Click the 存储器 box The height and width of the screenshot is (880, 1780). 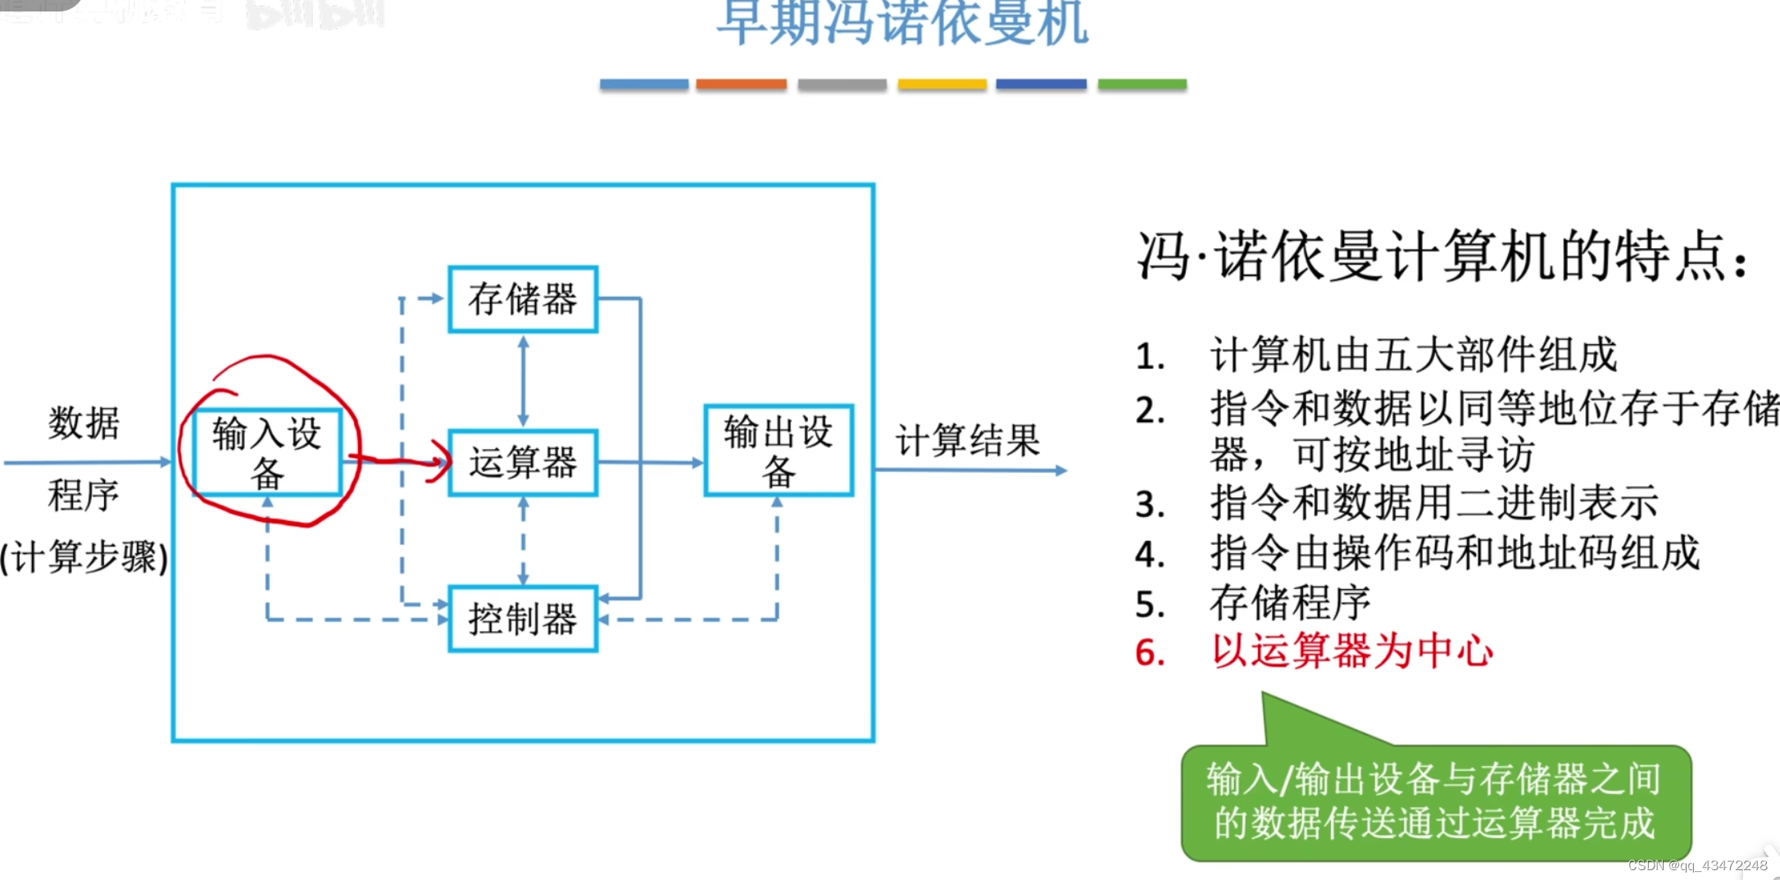pos(523,299)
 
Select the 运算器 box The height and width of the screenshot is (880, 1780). pos(523,463)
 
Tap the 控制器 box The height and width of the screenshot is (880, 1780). pos(523,619)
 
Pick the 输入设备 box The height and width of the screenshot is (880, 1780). pos(267,451)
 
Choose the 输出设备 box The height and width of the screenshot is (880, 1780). pos(779,451)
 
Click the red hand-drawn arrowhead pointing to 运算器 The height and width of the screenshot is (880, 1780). pos(442,461)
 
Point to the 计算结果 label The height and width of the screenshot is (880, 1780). pos(968,441)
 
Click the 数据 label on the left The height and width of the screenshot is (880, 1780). pos(84,423)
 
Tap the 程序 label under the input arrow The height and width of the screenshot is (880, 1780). pos(84,495)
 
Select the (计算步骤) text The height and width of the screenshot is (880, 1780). pos(84,558)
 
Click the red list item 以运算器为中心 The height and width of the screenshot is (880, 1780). pos(1352,652)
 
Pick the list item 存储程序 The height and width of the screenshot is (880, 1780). pos(1290,603)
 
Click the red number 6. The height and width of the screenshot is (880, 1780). pos(1150,653)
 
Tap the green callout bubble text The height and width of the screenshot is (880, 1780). pos(1435,801)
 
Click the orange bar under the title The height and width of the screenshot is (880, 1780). pos(741,84)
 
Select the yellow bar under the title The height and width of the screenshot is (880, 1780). pos(942,84)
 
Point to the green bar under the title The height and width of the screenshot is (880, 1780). pos(1142,84)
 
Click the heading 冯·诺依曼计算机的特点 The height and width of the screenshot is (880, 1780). pos(1442,256)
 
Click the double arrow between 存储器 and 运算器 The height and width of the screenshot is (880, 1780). pos(524,381)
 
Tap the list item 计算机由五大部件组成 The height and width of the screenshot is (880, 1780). pos(1413,356)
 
